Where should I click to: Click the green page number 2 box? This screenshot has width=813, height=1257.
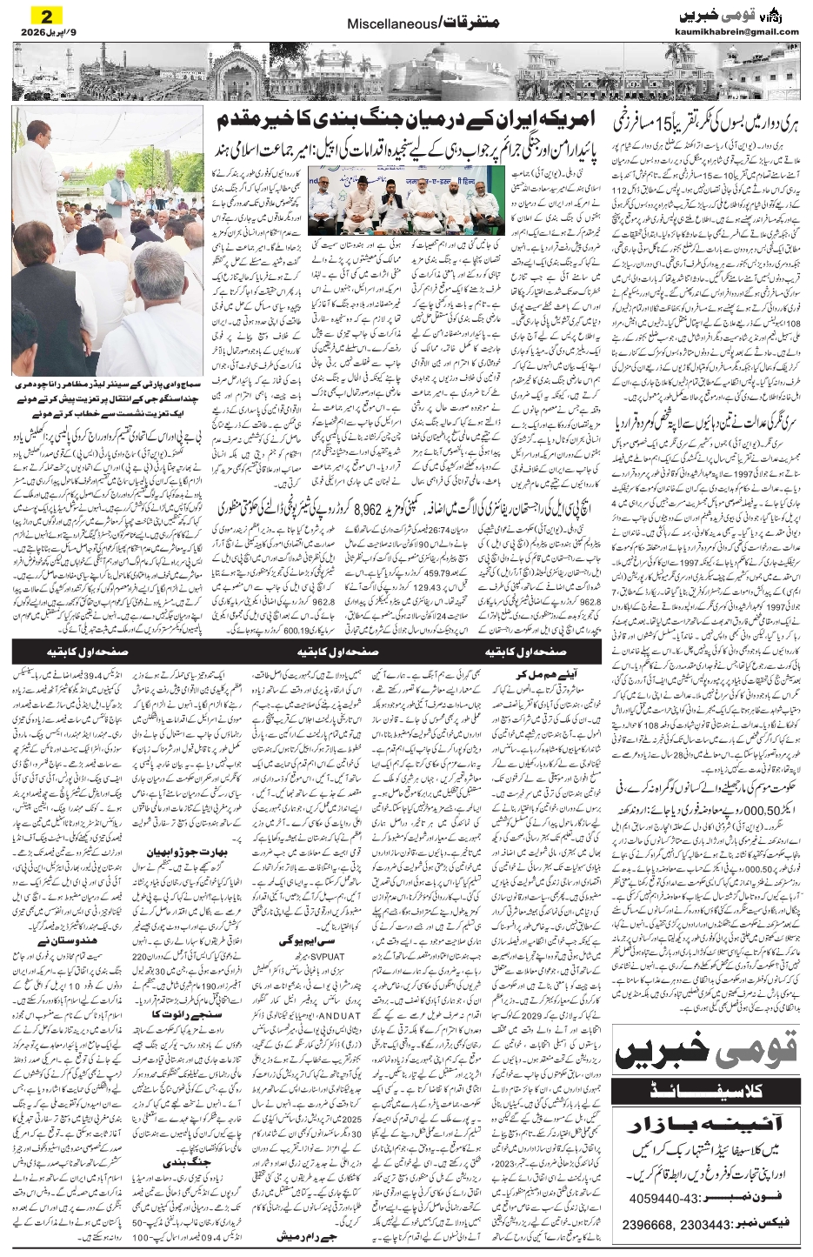coord(41,15)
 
